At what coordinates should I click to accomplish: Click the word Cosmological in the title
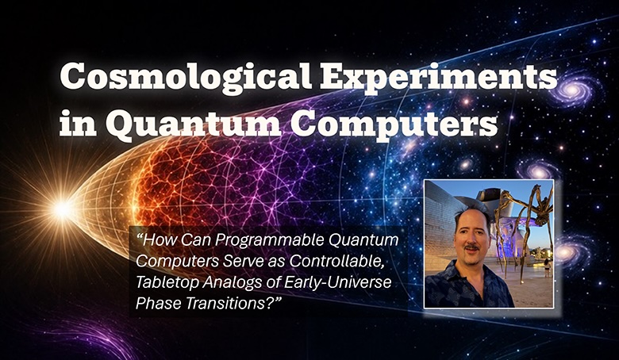186,77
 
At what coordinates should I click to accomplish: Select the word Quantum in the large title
193,124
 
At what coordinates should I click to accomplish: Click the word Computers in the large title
393,123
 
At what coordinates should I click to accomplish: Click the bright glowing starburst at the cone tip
63,209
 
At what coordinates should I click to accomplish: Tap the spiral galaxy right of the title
572,90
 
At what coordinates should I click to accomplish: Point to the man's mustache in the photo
471,247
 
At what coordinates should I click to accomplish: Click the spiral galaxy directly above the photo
538,170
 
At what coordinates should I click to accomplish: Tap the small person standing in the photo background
547,268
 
